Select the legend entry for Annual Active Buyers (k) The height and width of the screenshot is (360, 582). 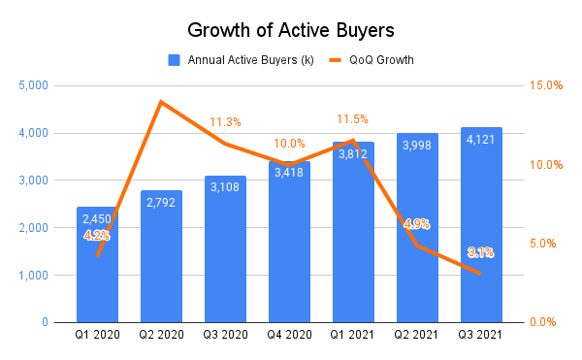click(248, 59)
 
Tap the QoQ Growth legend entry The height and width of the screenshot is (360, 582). click(372, 59)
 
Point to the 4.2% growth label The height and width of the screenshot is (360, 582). click(97, 235)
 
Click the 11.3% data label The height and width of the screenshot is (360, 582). click(225, 122)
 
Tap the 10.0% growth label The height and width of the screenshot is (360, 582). click(289, 143)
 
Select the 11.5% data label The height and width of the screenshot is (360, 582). click(352, 118)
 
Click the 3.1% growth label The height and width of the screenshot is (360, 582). click(481, 252)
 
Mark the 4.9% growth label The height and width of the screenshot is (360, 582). click(417, 224)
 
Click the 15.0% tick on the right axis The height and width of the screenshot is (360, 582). click(545, 85)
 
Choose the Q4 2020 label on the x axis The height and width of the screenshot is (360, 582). click(289, 336)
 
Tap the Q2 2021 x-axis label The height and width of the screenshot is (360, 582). click(417, 336)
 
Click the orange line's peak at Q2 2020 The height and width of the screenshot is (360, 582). click(161, 101)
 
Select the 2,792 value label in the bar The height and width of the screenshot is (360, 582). click(161, 204)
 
